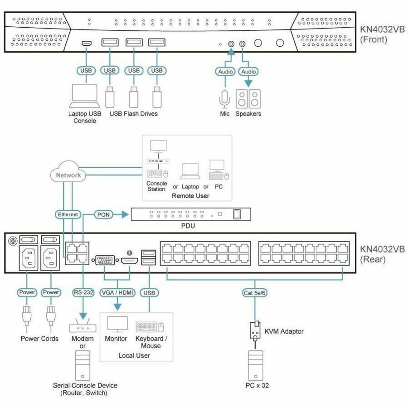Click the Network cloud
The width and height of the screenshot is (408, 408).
click(x=68, y=172)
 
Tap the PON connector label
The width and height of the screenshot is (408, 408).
click(x=103, y=215)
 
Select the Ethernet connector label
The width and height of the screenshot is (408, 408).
click(x=68, y=214)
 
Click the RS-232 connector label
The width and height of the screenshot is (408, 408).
click(x=83, y=292)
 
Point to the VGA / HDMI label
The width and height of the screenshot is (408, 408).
click(x=117, y=293)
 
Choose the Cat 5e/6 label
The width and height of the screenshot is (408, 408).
click(x=254, y=293)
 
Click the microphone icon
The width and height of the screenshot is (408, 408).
click(x=224, y=99)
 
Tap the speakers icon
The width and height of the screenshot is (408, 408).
click(x=248, y=99)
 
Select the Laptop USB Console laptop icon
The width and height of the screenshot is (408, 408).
click(x=84, y=96)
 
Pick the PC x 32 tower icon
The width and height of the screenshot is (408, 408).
click(x=256, y=365)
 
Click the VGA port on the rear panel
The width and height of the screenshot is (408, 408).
click(x=105, y=260)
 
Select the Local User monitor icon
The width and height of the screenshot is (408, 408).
click(x=117, y=324)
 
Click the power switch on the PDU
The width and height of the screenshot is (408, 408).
click(x=237, y=214)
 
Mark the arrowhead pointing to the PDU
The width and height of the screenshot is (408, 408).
click(x=125, y=215)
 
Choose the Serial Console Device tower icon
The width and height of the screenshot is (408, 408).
click(x=83, y=365)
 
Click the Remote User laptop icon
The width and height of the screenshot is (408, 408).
click(x=190, y=171)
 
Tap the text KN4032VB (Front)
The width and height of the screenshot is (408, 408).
click(x=382, y=34)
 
